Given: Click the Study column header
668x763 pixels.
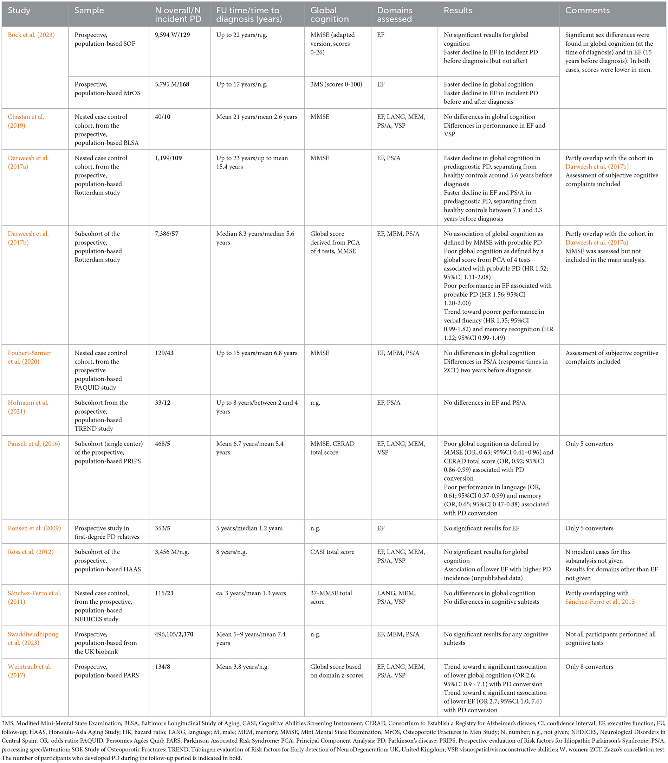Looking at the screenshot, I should (x=19, y=11).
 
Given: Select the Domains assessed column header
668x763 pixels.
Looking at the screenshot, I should (x=394, y=14).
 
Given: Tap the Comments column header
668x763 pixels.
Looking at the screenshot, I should (x=587, y=11).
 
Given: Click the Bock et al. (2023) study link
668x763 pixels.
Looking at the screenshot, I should (x=31, y=35).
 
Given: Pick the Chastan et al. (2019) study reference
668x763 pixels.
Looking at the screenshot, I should (x=26, y=121).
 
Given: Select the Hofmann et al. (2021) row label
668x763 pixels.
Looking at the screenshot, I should (x=28, y=407).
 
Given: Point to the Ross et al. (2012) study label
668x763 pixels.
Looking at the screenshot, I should (x=31, y=552).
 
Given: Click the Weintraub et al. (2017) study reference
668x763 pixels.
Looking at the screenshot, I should (x=30, y=671).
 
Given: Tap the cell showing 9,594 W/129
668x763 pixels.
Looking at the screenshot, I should (x=172, y=35).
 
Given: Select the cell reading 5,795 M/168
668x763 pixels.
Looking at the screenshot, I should (x=172, y=84).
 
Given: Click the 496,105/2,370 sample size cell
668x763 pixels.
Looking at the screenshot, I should (x=174, y=634).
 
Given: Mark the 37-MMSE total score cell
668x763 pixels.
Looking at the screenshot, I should (x=331, y=597).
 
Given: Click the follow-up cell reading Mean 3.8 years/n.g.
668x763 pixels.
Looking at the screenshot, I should (x=242, y=666).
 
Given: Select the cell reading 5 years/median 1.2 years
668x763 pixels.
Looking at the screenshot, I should (x=249, y=528).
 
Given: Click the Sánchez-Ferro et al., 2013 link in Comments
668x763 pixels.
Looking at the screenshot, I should (x=600, y=602).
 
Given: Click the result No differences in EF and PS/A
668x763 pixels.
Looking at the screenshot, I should (x=485, y=402).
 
